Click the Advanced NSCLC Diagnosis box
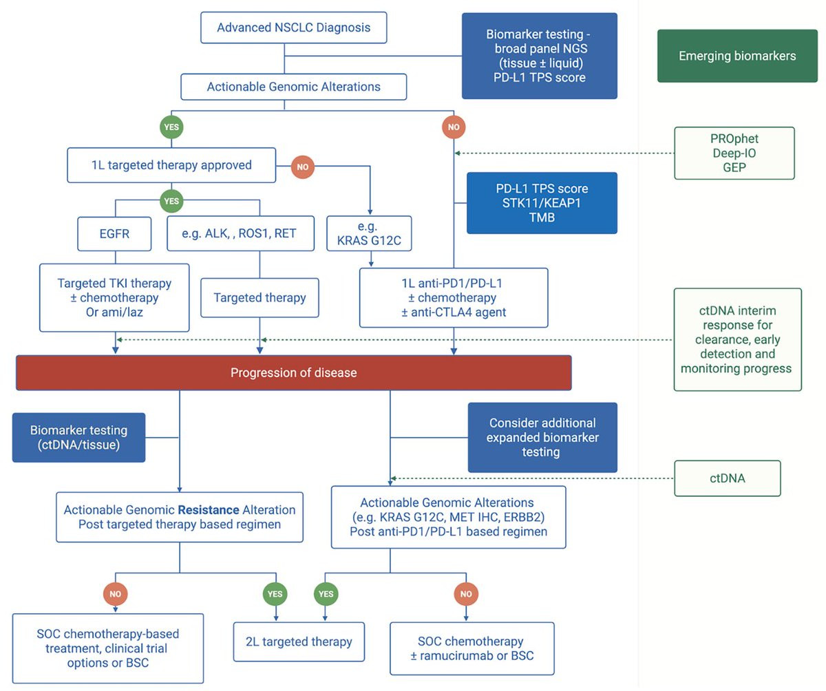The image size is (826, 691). click(x=293, y=28)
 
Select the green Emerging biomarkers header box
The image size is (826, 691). click(x=737, y=56)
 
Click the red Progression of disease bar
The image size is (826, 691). click(x=293, y=373)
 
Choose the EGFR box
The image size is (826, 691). click(x=114, y=234)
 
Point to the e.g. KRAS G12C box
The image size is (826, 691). click(x=369, y=233)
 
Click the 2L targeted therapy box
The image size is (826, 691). click(x=299, y=641)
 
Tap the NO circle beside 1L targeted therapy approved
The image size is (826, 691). click(x=303, y=166)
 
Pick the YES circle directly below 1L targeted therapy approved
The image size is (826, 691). click(x=171, y=202)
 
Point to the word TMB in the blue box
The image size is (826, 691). click(x=542, y=217)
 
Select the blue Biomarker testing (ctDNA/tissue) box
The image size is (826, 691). click(x=78, y=438)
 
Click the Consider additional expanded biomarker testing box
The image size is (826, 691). click(x=542, y=438)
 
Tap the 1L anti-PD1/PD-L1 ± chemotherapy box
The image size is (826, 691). click(x=454, y=297)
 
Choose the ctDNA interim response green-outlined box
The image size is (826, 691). click(x=737, y=339)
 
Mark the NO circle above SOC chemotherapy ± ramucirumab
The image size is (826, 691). click(x=466, y=593)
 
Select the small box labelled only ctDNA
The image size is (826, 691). click(x=728, y=478)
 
